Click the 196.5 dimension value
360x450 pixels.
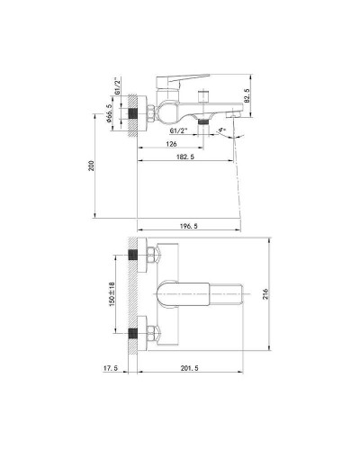point(190,218)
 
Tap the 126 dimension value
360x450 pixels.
point(172,142)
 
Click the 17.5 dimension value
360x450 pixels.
point(111,369)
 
